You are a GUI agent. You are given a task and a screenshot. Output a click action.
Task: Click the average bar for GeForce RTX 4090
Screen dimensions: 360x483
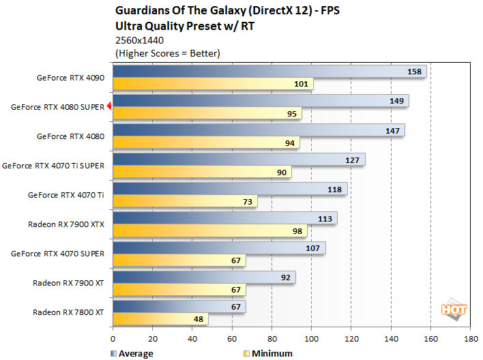coord(269,72)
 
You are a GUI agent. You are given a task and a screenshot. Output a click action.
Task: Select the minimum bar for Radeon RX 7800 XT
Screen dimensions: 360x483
coord(160,318)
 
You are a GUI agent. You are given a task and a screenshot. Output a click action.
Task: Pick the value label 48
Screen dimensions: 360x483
coord(198,318)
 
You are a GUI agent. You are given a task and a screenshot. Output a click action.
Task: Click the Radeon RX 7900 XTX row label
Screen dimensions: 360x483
coord(66,224)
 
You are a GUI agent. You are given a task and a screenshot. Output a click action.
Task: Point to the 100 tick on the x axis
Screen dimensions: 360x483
coord(311,337)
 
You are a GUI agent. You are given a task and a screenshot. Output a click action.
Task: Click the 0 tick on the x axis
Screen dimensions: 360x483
coord(113,337)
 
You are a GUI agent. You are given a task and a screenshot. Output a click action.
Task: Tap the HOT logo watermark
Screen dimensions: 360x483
coord(454,309)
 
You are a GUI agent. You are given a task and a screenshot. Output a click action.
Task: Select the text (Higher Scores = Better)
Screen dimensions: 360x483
coord(168,53)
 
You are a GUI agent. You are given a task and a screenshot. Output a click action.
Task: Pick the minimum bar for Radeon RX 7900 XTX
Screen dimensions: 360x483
coord(209,230)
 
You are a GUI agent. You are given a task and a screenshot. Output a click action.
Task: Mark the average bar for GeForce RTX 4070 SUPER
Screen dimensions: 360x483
coord(218,247)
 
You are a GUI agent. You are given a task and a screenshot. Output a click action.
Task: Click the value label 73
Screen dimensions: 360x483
coord(248,201)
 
